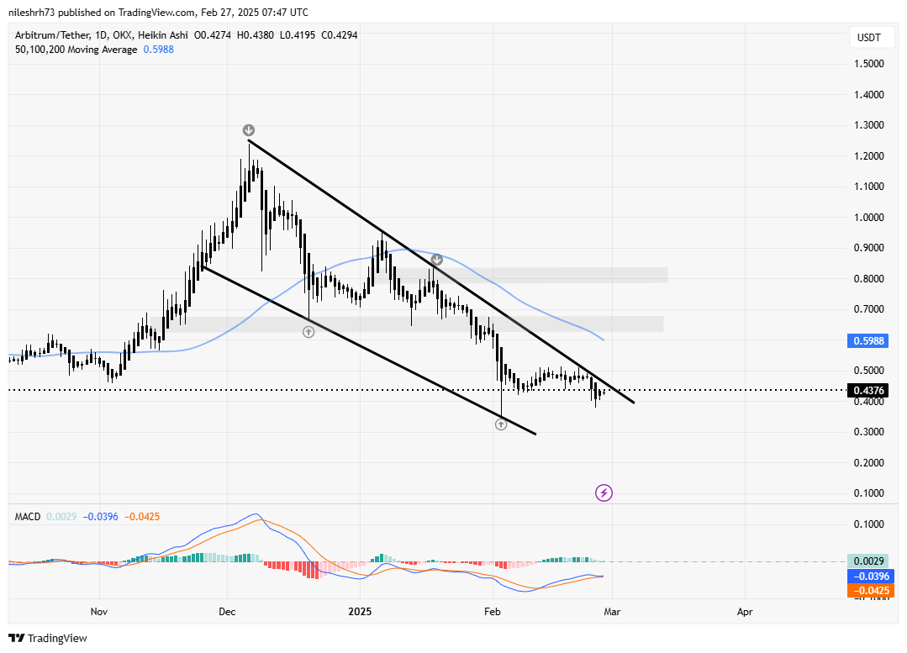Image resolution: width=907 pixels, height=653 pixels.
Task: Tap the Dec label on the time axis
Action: tap(228, 612)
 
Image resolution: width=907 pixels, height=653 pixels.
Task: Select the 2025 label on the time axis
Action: tap(360, 612)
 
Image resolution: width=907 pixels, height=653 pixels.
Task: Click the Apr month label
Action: tap(744, 612)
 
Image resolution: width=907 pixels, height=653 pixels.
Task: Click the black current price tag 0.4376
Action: tap(867, 390)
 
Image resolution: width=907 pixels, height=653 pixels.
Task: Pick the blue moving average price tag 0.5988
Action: tap(867, 341)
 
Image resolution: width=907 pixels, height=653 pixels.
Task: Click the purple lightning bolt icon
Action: tap(604, 492)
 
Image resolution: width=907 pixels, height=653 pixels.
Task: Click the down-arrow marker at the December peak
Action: tap(249, 130)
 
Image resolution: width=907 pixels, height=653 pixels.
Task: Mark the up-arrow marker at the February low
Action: tap(501, 424)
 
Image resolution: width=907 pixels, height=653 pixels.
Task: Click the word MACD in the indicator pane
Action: tap(28, 516)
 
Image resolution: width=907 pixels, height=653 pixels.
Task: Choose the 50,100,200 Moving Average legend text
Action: tap(76, 50)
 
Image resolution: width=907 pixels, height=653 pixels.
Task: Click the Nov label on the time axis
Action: tap(99, 612)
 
